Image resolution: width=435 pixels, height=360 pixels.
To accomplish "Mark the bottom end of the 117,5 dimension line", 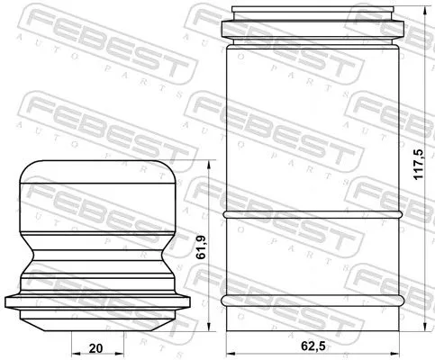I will click(x=425, y=330).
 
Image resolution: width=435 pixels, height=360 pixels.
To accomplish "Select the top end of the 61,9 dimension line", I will click(x=209, y=162).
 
